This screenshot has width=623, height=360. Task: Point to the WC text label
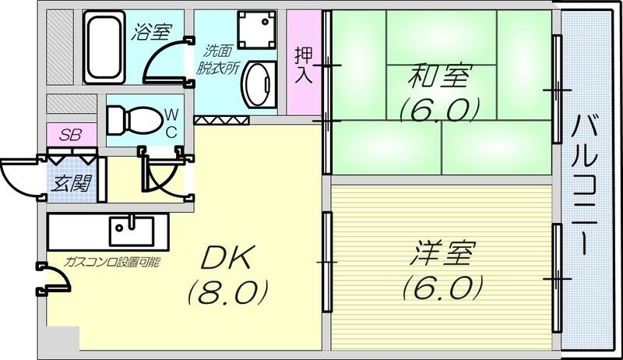170,122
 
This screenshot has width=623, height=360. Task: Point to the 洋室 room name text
440,255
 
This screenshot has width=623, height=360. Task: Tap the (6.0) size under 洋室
440,288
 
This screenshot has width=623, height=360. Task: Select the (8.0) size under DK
226,293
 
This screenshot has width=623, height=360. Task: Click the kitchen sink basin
131,230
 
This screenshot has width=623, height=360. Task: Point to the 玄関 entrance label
72,184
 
